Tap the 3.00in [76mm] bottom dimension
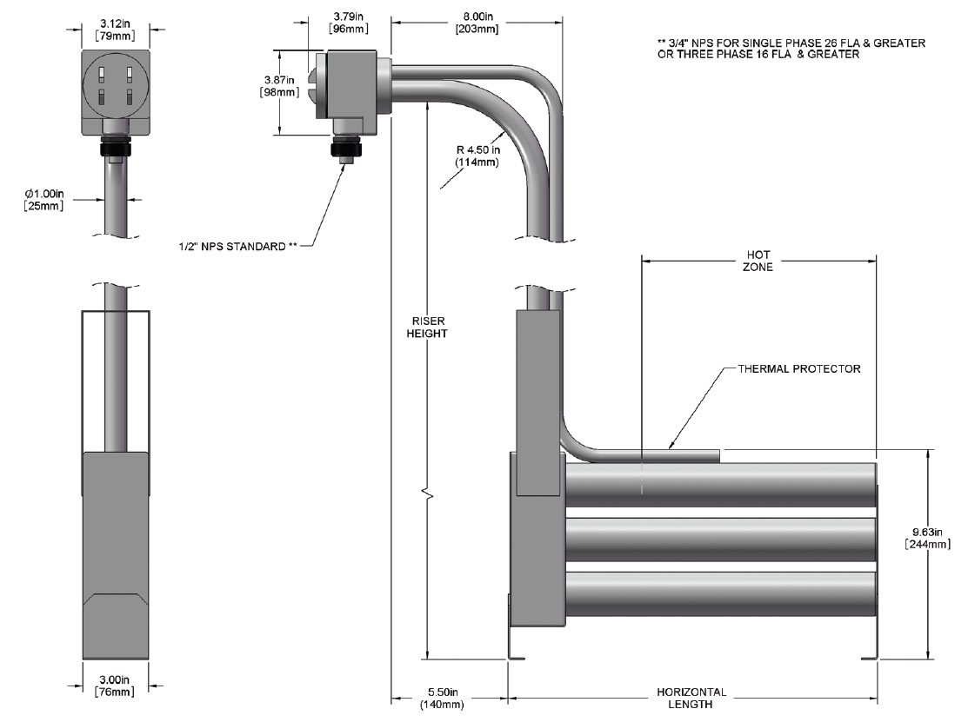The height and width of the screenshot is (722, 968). click(115, 686)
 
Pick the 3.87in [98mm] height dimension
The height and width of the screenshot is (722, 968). click(281, 87)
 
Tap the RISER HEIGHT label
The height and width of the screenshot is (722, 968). click(426, 328)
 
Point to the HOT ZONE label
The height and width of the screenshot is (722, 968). click(758, 262)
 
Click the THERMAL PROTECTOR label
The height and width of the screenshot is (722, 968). click(799, 369)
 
